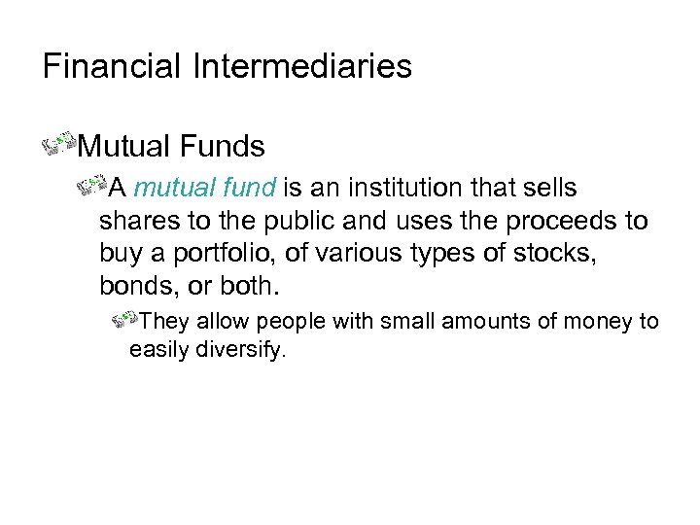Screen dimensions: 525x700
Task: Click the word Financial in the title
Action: (110, 66)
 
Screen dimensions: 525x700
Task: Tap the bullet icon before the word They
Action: (125, 319)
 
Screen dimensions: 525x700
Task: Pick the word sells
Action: (549, 187)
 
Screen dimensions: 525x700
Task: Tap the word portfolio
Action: (214, 255)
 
